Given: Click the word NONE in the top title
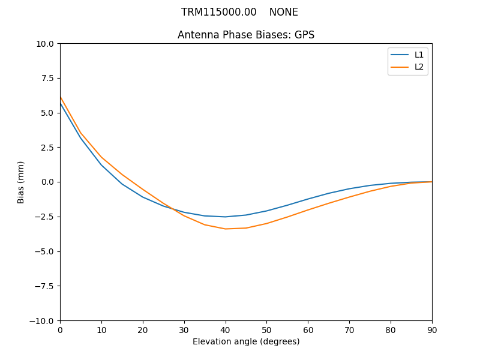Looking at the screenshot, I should (x=283, y=12).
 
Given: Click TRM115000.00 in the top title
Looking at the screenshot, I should (x=219, y=12).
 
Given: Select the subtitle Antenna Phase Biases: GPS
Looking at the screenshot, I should (x=246, y=35).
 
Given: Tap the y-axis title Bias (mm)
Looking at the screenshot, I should (x=21, y=182).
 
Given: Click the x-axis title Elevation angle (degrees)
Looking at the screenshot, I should (x=246, y=341).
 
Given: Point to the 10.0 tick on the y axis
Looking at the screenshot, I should (x=47, y=44).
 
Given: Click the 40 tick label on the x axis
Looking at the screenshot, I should (x=226, y=329).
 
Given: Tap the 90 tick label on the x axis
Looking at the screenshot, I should (x=432, y=329).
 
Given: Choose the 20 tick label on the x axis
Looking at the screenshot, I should (x=143, y=329).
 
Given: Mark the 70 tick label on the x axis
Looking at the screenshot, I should (x=349, y=329).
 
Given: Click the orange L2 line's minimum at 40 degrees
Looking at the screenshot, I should (x=226, y=229).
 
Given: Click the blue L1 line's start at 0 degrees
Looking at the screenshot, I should (x=61, y=103).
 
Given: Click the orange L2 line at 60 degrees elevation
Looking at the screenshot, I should (x=308, y=210).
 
